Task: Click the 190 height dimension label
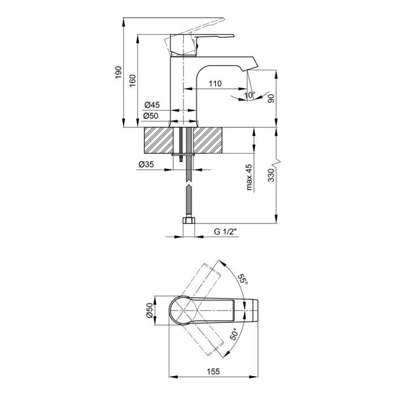tap(118, 72)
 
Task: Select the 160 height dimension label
tap(132, 80)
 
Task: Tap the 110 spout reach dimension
tap(215, 83)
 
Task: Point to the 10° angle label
tap(250, 95)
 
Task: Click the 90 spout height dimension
tap(271, 98)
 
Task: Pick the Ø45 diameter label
tap(152, 105)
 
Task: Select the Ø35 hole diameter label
tap(146, 165)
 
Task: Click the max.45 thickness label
tap(249, 177)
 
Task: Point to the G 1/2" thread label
tap(226, 231)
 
